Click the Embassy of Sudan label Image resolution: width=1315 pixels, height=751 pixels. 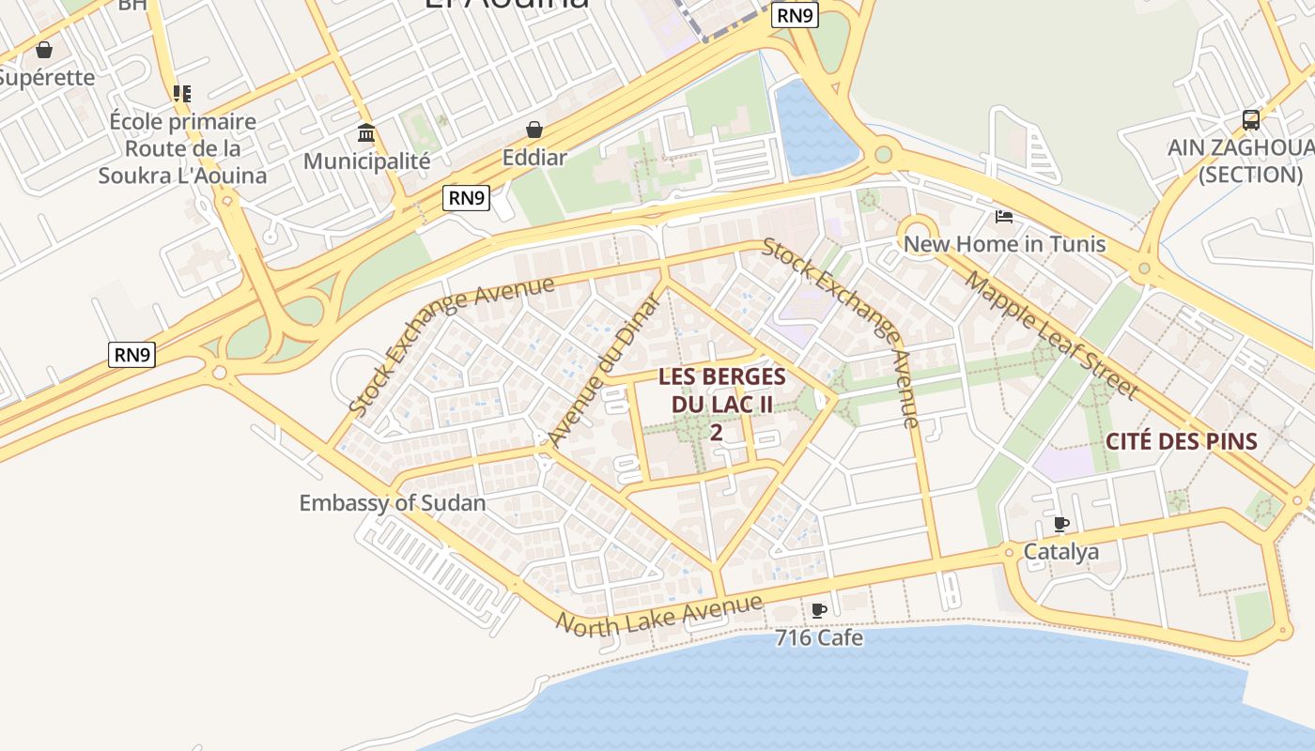(392, 502)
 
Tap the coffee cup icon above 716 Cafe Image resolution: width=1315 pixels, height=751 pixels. (819, 610)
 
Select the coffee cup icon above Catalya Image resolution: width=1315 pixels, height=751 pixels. (1061, 524)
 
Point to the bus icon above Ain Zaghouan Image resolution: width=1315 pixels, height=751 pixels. (1250, 120)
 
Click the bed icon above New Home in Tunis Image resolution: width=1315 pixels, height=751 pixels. (1004, 217)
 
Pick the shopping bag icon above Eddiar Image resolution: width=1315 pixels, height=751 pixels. (534, 130)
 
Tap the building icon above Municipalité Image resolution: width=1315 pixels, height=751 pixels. (366, 132)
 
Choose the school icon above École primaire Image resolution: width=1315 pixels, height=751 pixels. (182, 94)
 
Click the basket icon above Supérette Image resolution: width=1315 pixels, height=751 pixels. (43, 50)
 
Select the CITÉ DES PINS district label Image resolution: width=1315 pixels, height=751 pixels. (1181, 441)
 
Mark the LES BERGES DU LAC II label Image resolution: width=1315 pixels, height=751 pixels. (721, 404)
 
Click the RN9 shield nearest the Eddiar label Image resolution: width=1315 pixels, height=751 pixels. (467, 197)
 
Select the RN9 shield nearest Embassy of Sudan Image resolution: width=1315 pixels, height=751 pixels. (131, 355)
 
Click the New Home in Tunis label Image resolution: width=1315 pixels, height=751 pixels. (1004, 244)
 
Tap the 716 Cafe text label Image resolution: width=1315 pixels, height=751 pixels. (819, 638)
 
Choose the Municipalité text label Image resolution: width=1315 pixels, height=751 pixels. (366, 161)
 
